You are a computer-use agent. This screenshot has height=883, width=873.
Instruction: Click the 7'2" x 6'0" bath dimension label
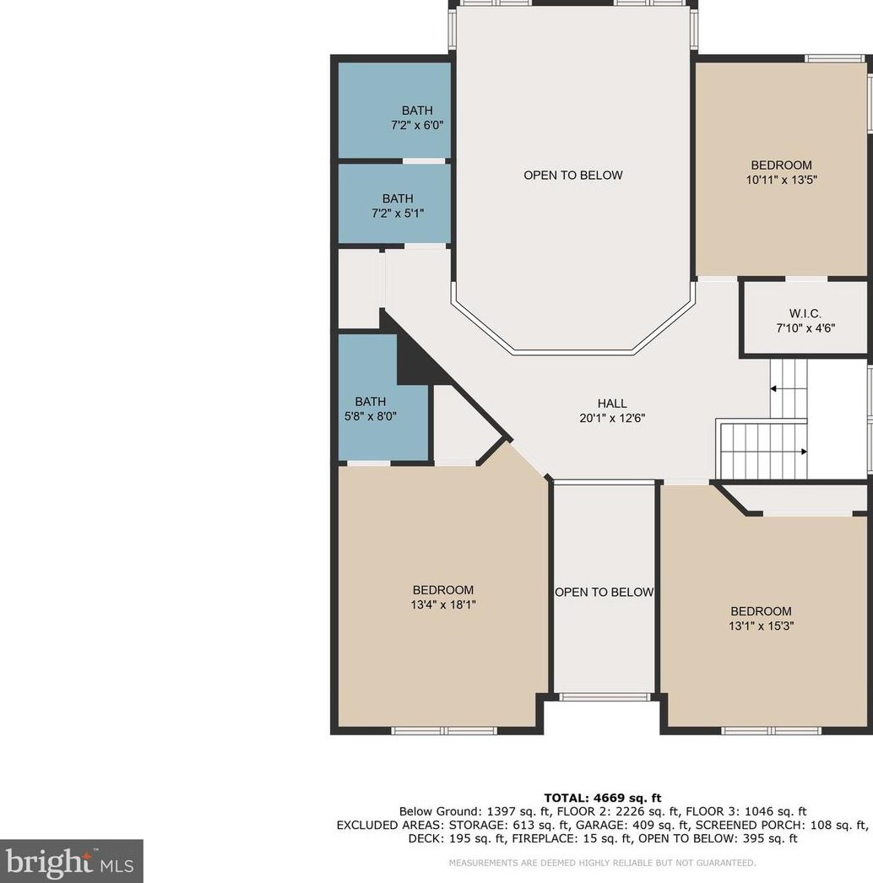pos(417,125)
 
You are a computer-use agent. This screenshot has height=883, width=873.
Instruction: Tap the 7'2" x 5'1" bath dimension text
pos(398,214)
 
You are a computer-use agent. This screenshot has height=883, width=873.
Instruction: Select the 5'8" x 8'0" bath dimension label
pos(371,417)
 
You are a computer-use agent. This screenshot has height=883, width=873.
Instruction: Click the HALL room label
pos(612,404)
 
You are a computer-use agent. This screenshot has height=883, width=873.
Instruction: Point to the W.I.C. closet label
pos(805,314)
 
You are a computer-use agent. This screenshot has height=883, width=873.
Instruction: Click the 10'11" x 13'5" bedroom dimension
pos(782,180)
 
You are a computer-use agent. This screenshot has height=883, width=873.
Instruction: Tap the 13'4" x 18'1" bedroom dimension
pos(443,604)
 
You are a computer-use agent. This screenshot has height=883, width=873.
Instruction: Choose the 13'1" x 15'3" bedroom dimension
pos(761,626)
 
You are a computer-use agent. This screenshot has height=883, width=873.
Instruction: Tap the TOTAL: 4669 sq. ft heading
pos(603,798)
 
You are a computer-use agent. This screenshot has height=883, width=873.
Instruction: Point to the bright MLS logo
pos(71,861)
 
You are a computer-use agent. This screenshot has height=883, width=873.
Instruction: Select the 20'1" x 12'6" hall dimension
pos(612,418)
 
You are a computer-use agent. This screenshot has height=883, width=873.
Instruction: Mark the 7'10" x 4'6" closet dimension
pos(805,328)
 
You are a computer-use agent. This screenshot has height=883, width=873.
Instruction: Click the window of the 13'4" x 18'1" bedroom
pos(444,731)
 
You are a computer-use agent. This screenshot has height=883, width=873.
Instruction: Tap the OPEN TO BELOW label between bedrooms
pos(605,593)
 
